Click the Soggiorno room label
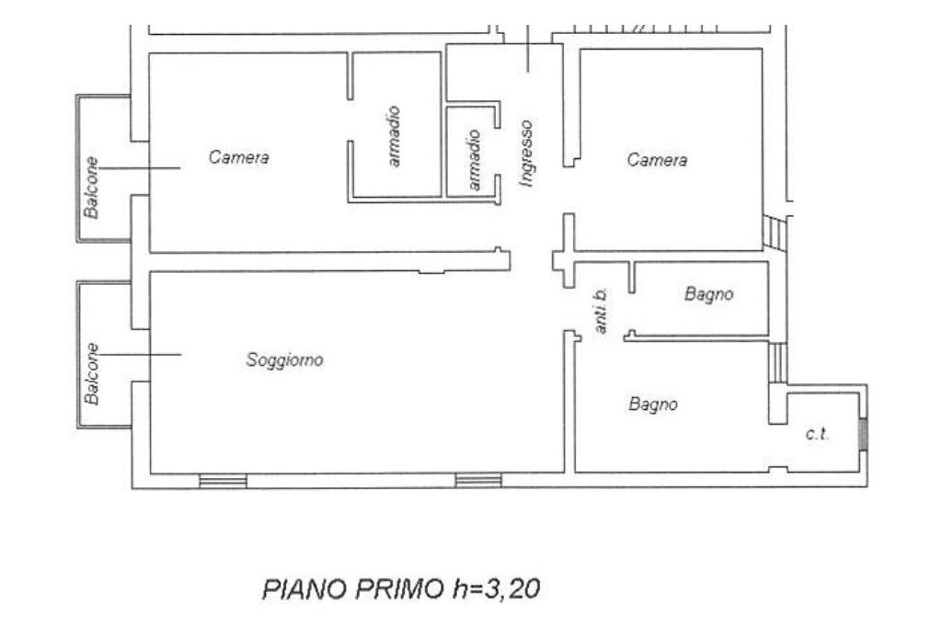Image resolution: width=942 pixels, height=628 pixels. pos(285,360)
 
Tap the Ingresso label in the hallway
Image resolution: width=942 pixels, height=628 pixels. pos(526,154)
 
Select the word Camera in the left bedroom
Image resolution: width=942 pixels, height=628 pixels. pos(238,157)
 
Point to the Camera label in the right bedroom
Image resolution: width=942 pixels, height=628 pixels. pos(657,160)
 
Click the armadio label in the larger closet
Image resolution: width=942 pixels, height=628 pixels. pos(394,136)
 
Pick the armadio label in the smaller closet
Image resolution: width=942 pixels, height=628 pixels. pos(474,160)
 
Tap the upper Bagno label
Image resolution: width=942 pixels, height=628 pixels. pos(709,294)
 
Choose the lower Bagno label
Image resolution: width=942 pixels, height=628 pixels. pos(653,405)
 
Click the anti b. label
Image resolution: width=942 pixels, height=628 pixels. pos(601,311)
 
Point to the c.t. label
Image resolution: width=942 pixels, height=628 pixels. pos(817,433)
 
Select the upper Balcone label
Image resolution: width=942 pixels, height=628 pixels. pos(91,188)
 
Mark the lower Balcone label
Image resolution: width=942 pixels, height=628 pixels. pos(91,373)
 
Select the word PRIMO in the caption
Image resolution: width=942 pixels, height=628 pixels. pos(399,589)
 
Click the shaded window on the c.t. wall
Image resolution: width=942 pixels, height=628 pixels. pos(864,433)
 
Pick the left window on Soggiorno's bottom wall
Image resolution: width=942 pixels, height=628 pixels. pos(223,481)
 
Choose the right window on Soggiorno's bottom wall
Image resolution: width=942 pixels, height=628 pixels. pos(478,480)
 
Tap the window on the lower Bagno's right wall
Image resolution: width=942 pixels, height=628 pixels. pos(778,362)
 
